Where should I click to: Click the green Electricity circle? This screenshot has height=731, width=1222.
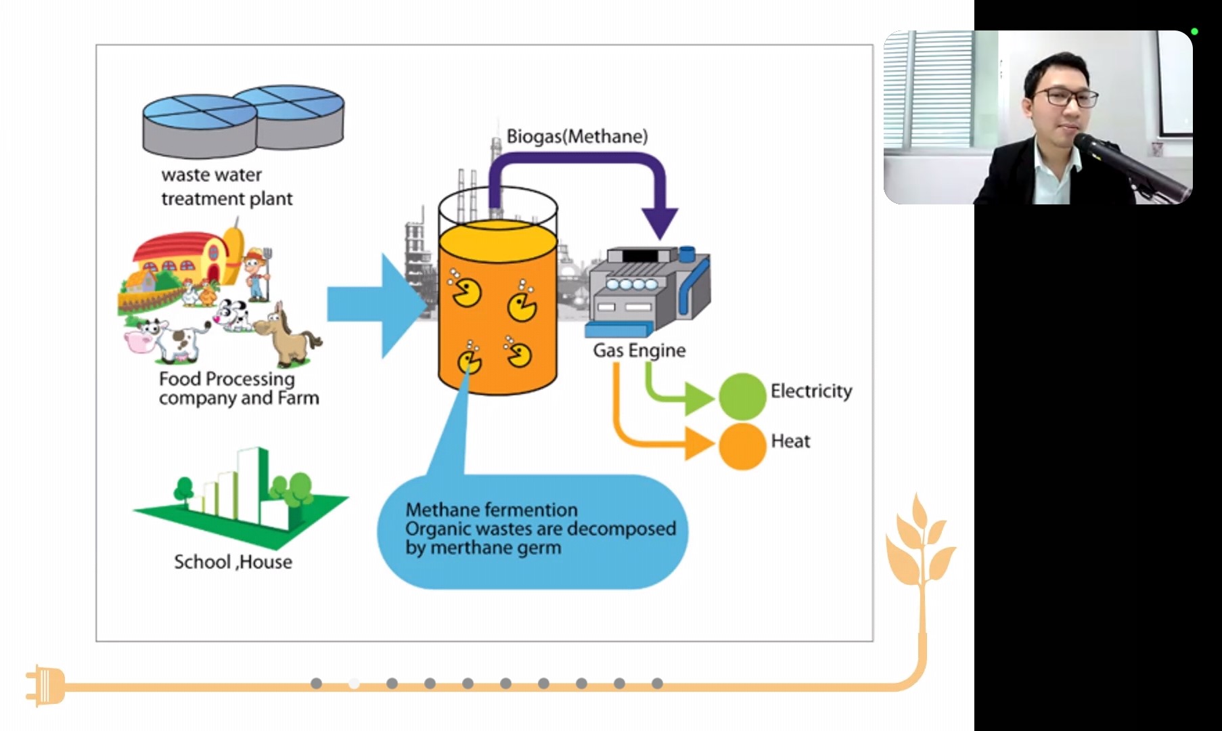[742, 396]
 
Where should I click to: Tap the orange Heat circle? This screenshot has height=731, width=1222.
[742, 446]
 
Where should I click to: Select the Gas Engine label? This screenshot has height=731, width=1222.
[639, 351]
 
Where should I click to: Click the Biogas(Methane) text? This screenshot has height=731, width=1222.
[576, 137]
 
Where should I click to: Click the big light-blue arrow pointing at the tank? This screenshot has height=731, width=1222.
[376, 305]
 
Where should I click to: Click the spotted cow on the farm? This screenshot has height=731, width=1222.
[169, 339]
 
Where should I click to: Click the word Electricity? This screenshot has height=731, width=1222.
[811, 391]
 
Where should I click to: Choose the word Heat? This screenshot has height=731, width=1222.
[790, 441]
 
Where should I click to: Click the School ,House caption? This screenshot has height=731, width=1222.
[233, 562]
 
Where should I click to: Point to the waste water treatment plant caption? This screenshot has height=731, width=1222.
[226, 187]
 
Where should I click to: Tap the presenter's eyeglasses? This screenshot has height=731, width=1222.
[1067, 97]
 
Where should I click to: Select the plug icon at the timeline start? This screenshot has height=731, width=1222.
[45, 686]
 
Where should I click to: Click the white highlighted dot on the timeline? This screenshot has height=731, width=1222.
[354, 684]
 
